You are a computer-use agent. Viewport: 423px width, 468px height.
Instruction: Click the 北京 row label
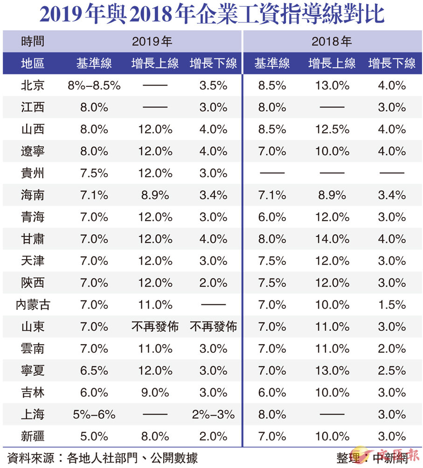point(33,85)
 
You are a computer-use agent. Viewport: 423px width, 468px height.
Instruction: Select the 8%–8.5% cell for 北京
point(94,85)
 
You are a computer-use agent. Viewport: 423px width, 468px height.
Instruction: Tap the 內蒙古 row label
point(33,305)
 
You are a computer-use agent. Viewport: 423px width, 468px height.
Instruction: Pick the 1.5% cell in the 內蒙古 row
point(391,305)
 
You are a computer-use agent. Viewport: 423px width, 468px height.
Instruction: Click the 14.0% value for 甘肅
point(332,239)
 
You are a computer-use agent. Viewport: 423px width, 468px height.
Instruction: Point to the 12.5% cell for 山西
point(332,129)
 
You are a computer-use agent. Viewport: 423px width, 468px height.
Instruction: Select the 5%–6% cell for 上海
point(94,414)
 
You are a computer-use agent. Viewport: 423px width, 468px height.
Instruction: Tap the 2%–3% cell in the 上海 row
point(213,414)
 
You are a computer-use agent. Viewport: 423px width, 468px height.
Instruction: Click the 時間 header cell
point(33,41)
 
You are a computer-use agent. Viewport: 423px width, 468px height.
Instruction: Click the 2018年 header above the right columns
point(332,41)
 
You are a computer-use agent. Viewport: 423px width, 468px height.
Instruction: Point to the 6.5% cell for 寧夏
point(94,370)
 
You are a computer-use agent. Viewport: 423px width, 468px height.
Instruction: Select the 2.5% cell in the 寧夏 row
point(391,370)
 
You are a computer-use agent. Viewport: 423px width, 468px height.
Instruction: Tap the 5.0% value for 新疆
point(94,436)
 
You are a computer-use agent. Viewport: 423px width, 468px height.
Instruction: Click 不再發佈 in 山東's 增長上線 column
point(155,326)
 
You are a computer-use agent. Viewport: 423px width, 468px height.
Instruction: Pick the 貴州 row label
point(33,173)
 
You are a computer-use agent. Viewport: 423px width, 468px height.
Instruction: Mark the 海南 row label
point(33,195)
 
